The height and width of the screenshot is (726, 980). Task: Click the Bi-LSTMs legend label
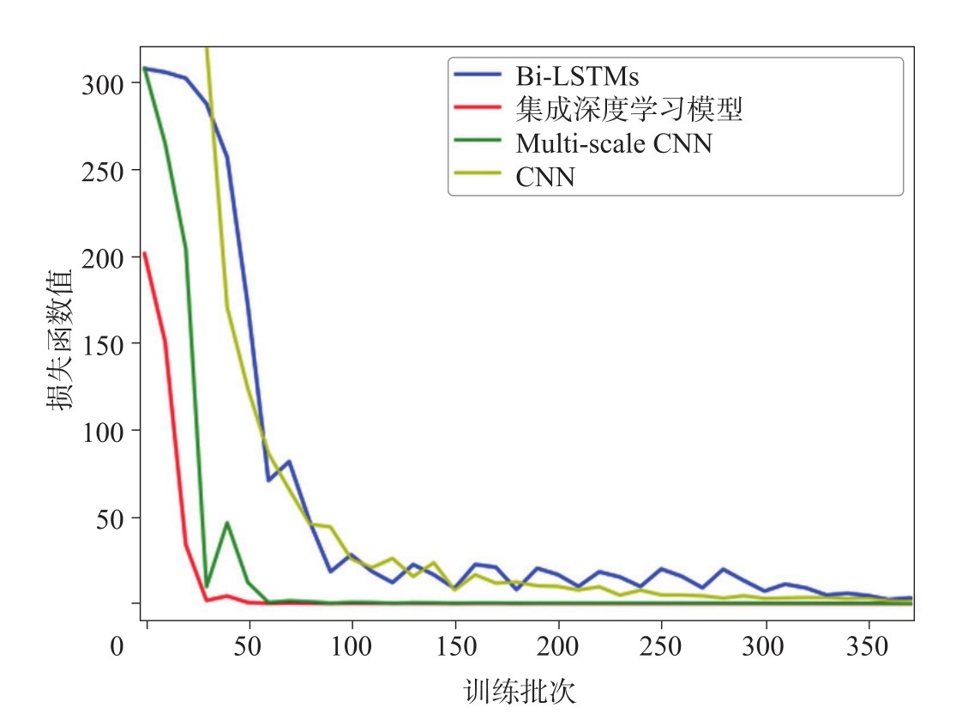click(x=577, y=77)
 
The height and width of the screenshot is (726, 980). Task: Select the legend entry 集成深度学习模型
click(x=628, y=110)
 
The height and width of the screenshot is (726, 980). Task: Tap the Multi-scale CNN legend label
click(x=613, y=143)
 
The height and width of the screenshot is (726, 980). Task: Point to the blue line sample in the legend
click(x=478, y=77)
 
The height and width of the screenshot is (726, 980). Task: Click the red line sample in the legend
click(x=478, y=110)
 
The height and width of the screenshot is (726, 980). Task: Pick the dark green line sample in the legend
click(x=478, y=143)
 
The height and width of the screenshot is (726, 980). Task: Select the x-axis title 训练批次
click(x=520, y=692)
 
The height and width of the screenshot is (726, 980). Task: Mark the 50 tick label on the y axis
click(x=112, y=518)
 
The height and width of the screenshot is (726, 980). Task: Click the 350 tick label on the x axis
click(x=869, y=645)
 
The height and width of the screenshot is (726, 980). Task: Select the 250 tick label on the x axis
click(x=661, y=645)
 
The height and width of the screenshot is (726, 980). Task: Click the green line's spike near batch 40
click(x=227, y=522)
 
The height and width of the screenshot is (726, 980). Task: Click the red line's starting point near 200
click(x=145, y=253)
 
